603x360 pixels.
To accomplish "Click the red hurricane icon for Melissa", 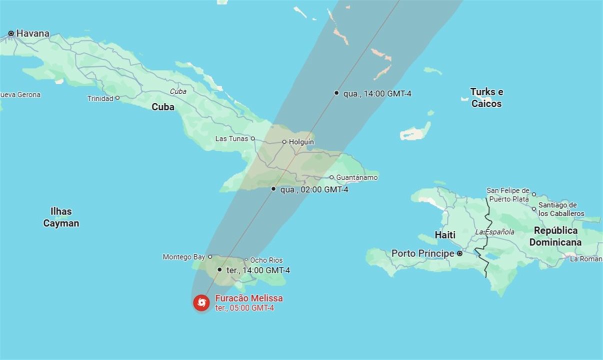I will (x=201, y=302).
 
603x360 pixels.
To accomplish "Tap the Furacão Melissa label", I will (x=248, y=298).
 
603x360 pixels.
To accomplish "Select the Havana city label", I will (x=33, y=33).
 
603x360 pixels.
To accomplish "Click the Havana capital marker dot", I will (x=11, y=33).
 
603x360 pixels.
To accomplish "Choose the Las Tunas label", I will (x=231, y=138).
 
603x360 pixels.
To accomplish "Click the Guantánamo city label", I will (x=357, y=177).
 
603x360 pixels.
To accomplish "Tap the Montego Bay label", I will (x=183, y=257).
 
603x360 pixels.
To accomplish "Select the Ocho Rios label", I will (x=266, y=260).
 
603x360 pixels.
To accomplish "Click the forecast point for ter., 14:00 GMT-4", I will (x=219, y=269).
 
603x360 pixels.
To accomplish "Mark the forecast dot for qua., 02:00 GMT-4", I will (x=273, y=189).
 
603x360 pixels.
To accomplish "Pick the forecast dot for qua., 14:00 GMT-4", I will (x=336, y=92).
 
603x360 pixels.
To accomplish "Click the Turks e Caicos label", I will (x=486, y=98).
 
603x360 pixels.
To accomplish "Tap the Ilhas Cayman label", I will (x=61, y=217).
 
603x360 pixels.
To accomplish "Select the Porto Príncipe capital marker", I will (x=460, y=253).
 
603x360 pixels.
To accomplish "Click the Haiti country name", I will (x=445, y=235).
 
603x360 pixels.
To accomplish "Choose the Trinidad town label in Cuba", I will (x=100, y=98).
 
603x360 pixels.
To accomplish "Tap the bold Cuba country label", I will (x=163, y=107).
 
